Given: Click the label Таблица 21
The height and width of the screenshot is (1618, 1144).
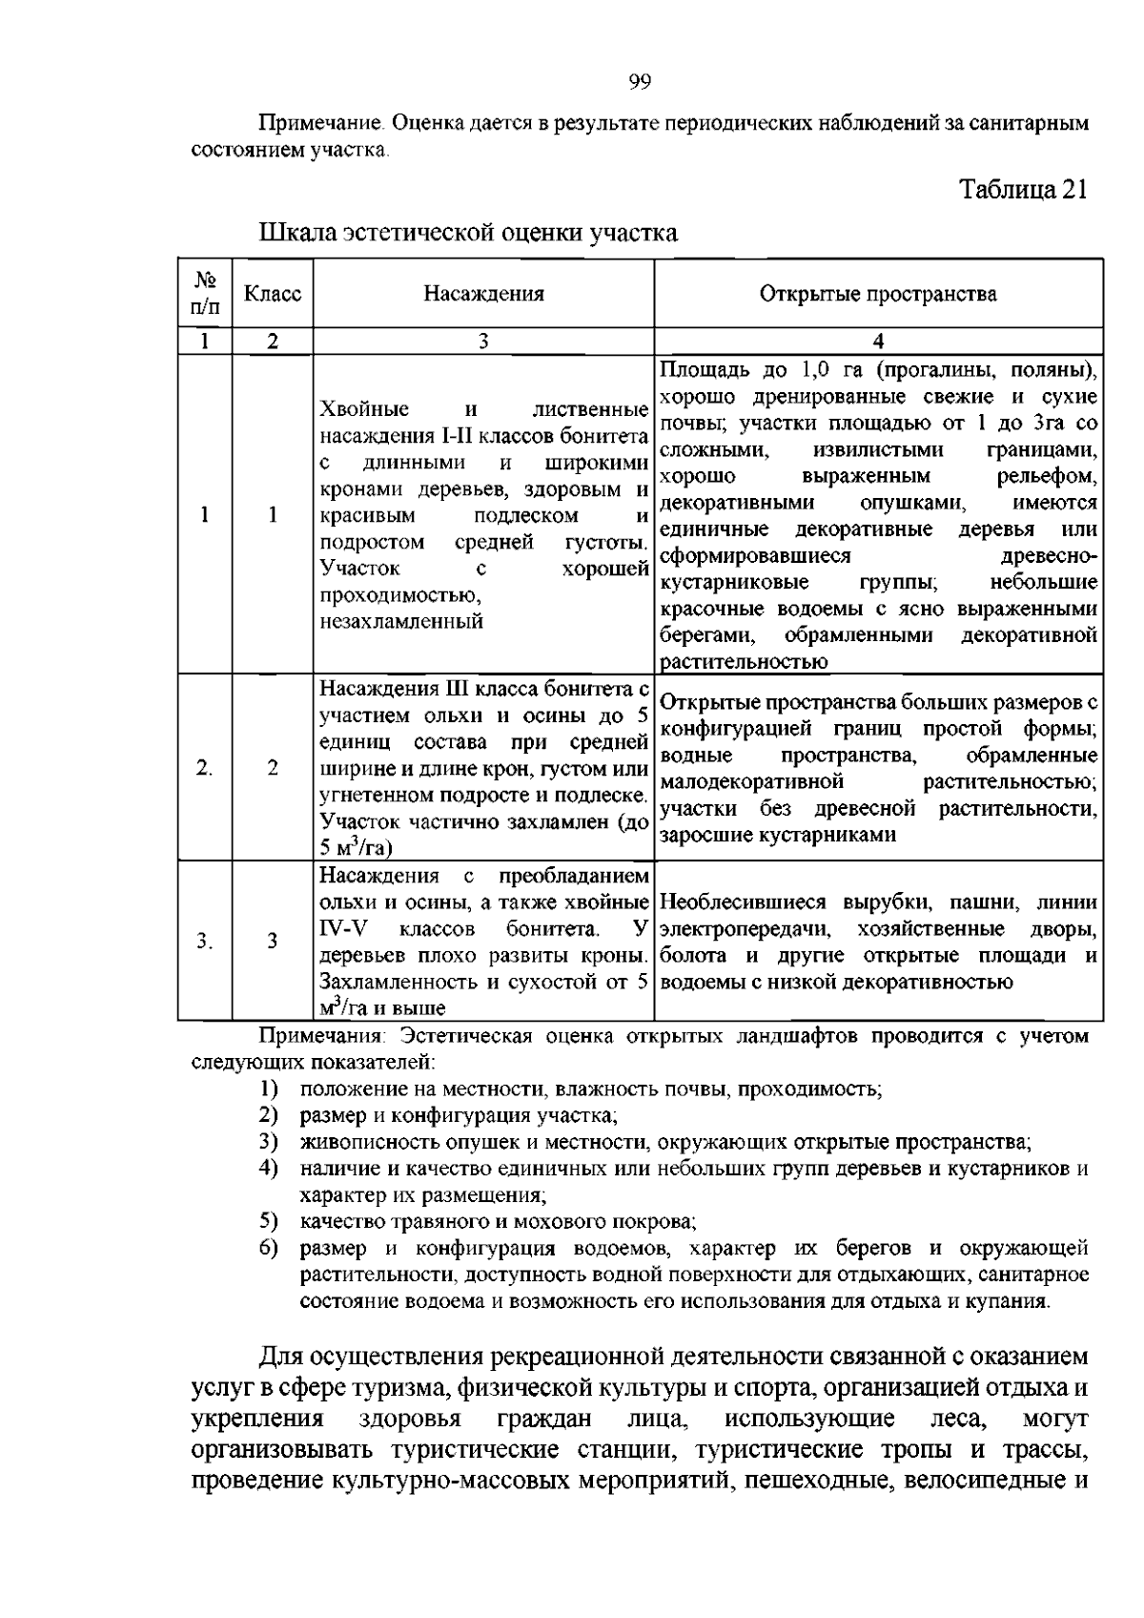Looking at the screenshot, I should pyautogui.click(x=1023, y=189).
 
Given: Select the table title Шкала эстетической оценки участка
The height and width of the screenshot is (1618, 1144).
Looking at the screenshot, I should pyautogui.click(x=468, y=232).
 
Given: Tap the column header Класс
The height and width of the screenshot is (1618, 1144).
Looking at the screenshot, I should pyautogui.click(x=273, y=294).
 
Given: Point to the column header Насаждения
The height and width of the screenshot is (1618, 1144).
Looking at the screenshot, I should pyautogui.click(x=483, y=294).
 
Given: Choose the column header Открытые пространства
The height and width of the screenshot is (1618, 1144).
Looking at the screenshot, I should pyautogui.click(x=878, y=294).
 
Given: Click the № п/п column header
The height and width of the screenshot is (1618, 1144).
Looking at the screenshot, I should pyautogui.click(x=205, y=294).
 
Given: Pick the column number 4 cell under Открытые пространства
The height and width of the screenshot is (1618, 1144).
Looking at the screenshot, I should pyautogui.click(x=878, y=342).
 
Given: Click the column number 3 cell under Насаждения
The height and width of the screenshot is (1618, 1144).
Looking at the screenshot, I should pyautogui.click(x=483, y=342).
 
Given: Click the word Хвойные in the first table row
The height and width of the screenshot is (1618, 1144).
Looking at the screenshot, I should pyautogui.click(x=365, y=409).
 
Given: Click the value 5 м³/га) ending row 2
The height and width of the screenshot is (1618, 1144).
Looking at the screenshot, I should pyautogui.click(x=357, y=847).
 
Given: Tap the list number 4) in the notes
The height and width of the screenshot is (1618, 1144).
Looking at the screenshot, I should pyautogui.click(x=268, y=1168).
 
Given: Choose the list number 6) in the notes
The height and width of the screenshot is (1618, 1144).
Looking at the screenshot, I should pyautogui.click(x=268, y=1248).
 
